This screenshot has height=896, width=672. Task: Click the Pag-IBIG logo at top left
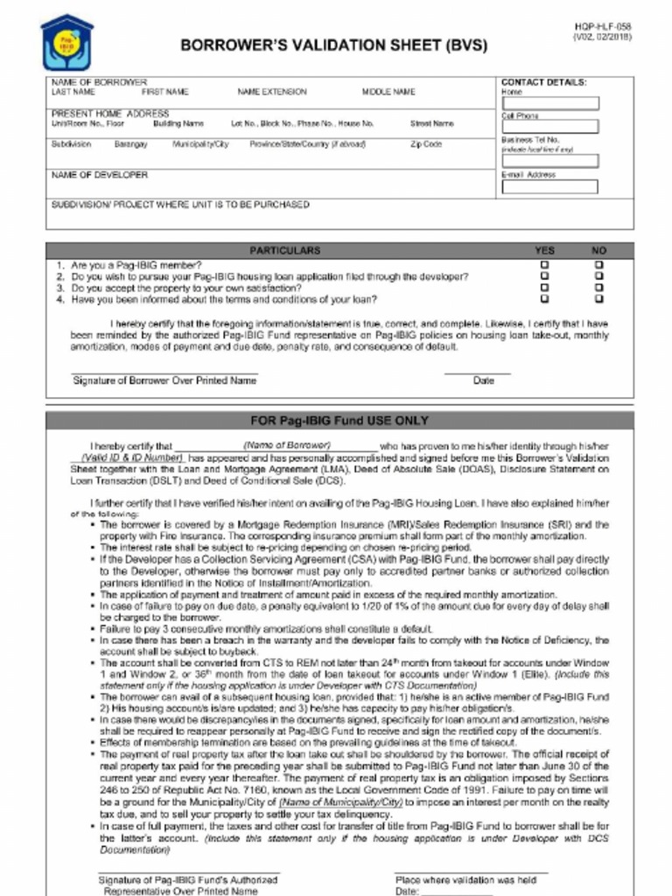(x=66, y=43)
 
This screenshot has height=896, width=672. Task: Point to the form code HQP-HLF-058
(x=603, y=27)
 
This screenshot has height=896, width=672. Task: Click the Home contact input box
(x=549, y=103)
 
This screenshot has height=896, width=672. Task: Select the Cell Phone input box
(x=549, y=127)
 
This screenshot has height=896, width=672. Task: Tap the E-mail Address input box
(x=549, y=186)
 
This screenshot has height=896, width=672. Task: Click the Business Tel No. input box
(x=549, y=161)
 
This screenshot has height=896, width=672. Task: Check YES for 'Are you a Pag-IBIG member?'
(x=544, y=264)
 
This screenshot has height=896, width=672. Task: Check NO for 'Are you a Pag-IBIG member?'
(x=598, y=264)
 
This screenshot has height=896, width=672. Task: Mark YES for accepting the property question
(x=544, y=287)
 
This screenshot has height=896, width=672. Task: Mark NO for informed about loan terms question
(x=598, y=298)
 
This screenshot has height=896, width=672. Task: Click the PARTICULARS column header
(x=285, y=250)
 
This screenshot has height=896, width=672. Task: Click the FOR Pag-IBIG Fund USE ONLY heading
(x=339, y=421)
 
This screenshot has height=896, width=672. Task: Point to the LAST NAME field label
(x=73, y=92)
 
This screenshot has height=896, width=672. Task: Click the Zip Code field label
(x=426, y=144)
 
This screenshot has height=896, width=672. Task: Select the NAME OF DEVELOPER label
(x=100, y=175)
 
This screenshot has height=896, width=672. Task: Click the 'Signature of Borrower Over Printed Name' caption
(x=164, y=381)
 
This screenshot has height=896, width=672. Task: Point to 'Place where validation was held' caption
(x=465, y=879)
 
